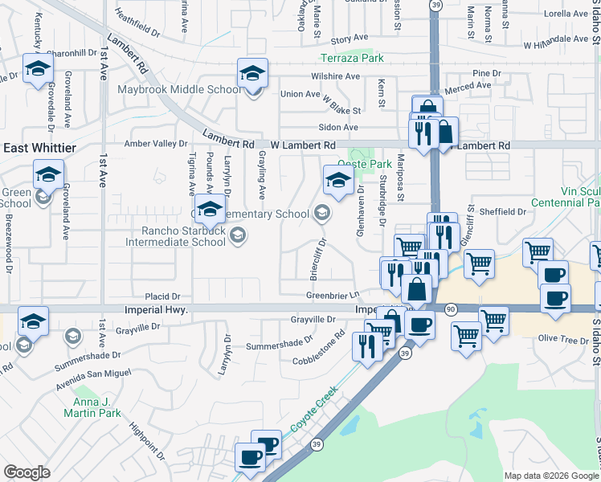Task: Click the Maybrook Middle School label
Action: click(x=179, y=89)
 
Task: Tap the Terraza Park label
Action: click(x=352, y=58)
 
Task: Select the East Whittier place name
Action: click(x=39, y=148)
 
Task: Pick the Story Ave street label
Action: click(x=349, y=39)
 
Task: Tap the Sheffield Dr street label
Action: click(x=503, y=212)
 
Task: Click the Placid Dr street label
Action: click(x=163, y=296)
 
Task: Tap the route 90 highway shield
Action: click(x=451, y=309)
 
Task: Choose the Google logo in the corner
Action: click(x=27, y=472)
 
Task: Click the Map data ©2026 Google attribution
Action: click(x=550, y=476)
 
